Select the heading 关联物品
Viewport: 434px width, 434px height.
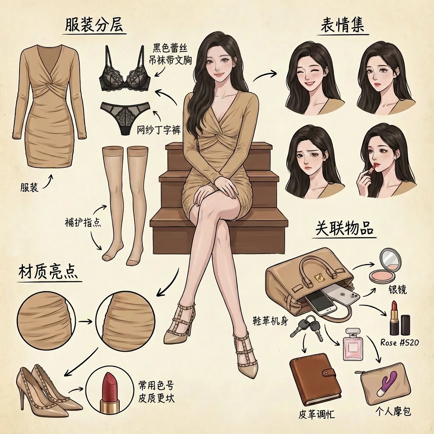(344, 228)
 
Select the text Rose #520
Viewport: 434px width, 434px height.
(400, 342)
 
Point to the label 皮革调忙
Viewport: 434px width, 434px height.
(317, 414)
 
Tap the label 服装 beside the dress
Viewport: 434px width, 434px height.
(29, 187)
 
